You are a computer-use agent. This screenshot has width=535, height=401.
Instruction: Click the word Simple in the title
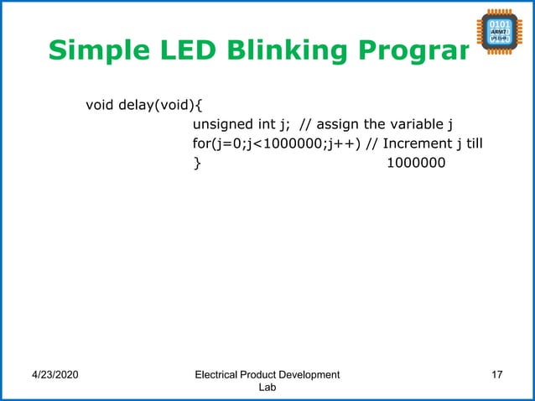pos(90,51)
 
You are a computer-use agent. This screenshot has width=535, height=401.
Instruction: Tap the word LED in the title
pos(170,50)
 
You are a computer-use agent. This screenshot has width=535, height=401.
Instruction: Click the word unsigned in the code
pos(222,125)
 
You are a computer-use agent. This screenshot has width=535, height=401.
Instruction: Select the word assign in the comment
pos(338,125)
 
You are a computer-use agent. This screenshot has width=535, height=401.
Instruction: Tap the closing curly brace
pos(197,163)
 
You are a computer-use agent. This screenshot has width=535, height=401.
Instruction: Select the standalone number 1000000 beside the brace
pos(416,163)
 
